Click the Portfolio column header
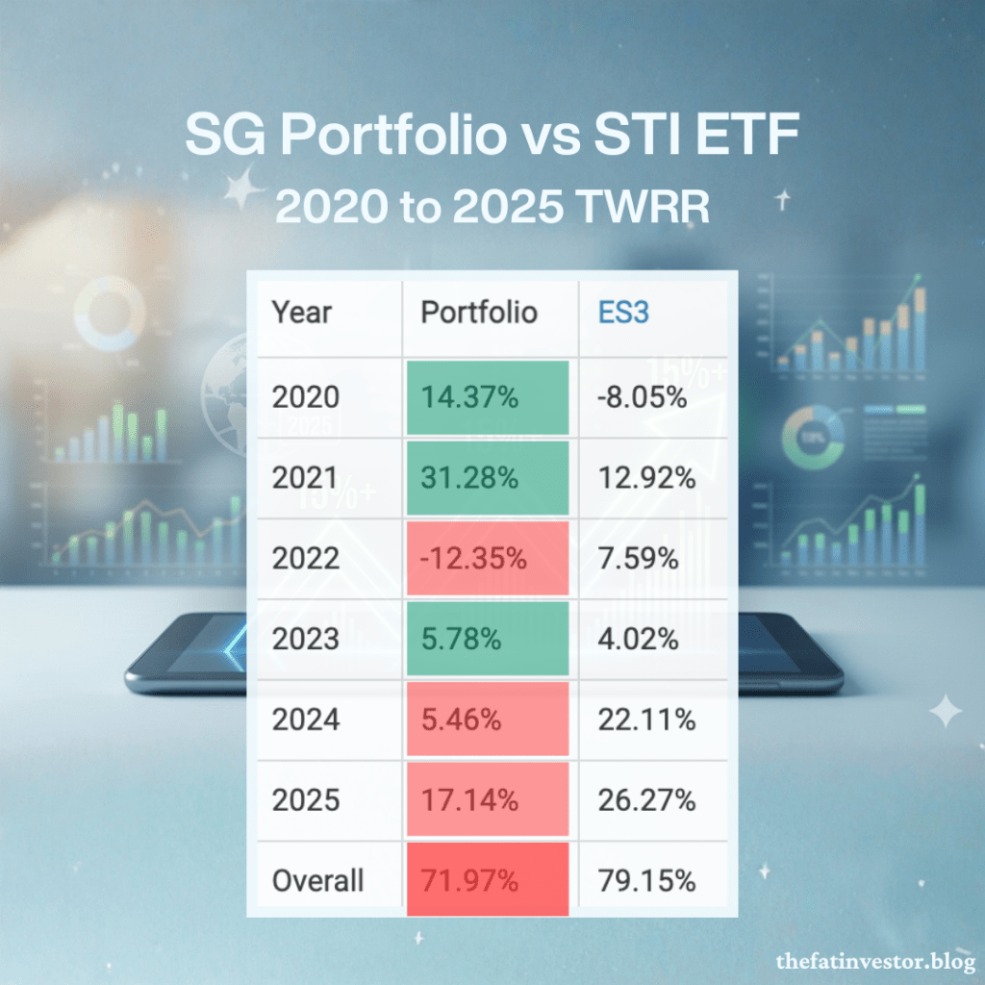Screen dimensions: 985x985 (479, 313)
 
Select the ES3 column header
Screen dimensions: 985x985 (623, 313)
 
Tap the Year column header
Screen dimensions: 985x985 (301, 313)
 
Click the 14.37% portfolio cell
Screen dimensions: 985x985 (488, 397)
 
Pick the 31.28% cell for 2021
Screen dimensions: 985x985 (488, 478)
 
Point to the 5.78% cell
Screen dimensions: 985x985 (488, 639)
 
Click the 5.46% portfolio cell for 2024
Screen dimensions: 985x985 (488, 719)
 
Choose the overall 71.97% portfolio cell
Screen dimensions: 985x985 (488, 879)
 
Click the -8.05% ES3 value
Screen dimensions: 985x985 (642, 397)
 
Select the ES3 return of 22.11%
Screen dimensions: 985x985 (646, 720)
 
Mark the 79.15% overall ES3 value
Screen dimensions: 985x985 (646, 880)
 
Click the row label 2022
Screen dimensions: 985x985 (305, 558)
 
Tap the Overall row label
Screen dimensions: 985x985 (317, 880)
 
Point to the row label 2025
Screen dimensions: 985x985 (305, 799)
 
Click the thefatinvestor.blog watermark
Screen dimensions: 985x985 (875, 962)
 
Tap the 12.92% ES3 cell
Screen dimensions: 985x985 (646, 478)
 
